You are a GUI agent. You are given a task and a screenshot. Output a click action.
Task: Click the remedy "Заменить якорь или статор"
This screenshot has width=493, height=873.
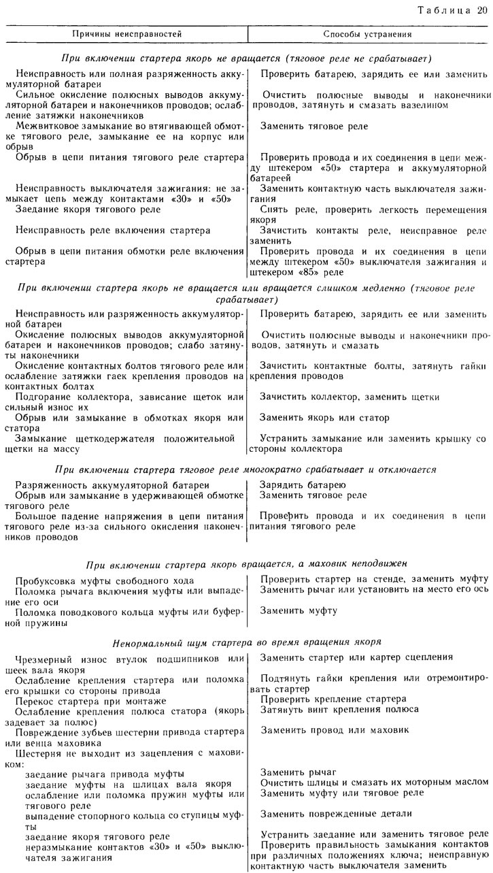pos(325,417)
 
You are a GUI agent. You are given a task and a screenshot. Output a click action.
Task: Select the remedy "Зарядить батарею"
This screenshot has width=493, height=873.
pos(303,484)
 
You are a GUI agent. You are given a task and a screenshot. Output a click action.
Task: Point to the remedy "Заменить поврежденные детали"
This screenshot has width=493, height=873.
pos(337,813)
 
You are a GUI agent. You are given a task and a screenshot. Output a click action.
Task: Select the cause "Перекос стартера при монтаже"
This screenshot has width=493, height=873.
pos(97,699)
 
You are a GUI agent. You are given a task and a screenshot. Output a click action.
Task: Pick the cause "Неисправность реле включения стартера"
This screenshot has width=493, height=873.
pos(113,231)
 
